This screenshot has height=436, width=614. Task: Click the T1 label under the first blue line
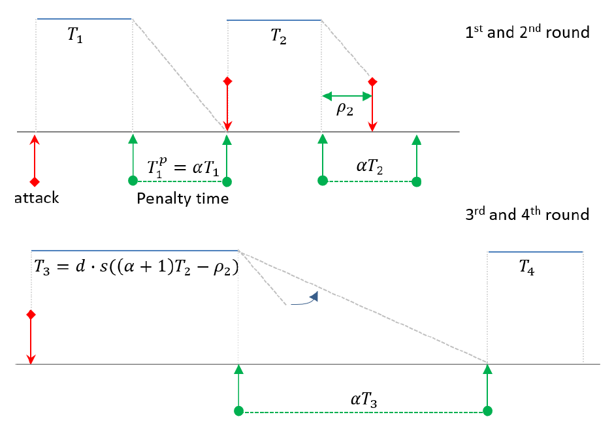[x=76, y=37]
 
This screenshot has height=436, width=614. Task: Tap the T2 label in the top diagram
[x=279, y=37]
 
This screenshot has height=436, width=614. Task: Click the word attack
[x=37, y=198]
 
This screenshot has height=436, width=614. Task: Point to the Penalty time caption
[x=183, y=198]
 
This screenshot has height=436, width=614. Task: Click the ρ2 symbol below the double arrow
[x=345, y=109]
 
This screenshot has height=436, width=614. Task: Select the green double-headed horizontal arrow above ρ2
[x=347, y=96]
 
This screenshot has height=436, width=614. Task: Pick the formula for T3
[x=133, y=268]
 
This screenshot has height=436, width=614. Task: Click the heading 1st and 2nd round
[x=527, y=32]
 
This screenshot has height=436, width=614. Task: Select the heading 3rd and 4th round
[x=527, y=214]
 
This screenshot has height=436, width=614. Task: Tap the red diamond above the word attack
[x=35, y=181]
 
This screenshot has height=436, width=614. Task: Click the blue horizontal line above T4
[x=535, y=251]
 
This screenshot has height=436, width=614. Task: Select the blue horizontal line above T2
[x=274, y=20]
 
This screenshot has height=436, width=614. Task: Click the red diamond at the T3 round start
[x=30, y=315]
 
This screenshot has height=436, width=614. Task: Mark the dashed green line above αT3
[x=363, y=412]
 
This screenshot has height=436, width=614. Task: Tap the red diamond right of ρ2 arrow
[x=372, y=82]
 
